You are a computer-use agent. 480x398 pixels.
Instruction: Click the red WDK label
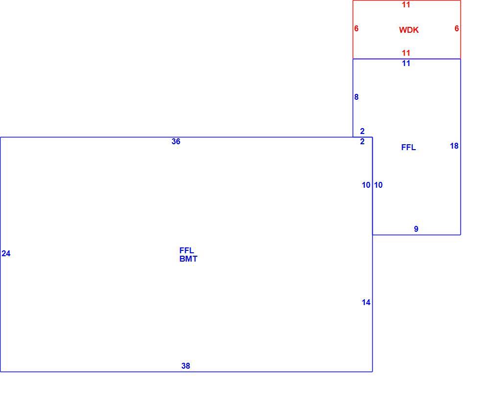click(408, 30)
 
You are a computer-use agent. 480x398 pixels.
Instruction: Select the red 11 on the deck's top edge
click(406, 4)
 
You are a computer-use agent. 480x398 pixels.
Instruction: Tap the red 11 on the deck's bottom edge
click(406, 53)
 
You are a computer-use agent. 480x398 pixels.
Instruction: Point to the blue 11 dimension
click(406, 63)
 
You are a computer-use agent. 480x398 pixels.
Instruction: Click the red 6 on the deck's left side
click(357, 28)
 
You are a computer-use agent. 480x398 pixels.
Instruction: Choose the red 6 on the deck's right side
click(456, 28)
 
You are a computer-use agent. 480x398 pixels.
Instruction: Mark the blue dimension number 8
click(357, 97)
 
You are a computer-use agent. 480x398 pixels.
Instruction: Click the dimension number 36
click(176, 141)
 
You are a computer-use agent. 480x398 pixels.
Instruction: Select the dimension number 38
click(186, 366)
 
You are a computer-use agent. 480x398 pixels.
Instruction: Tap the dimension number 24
click(6, 253)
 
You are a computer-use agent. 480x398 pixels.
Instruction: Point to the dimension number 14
click(366, 302)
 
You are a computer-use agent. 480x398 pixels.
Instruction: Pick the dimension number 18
click(455, 146)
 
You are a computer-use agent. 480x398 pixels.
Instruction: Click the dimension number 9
click(416, 229)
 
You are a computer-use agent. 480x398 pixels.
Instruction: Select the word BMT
click(189, 259)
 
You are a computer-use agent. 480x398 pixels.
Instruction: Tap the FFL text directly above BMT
click(187, 250)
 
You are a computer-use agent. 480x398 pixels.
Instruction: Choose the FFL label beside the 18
click(408, 147)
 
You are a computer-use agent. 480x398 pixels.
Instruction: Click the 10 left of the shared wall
click(366, 185)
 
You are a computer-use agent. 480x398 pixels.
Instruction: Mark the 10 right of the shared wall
click(378, 185)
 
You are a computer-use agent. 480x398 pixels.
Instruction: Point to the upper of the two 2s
click(362, 131)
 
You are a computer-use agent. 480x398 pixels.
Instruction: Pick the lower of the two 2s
click(362, 141)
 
